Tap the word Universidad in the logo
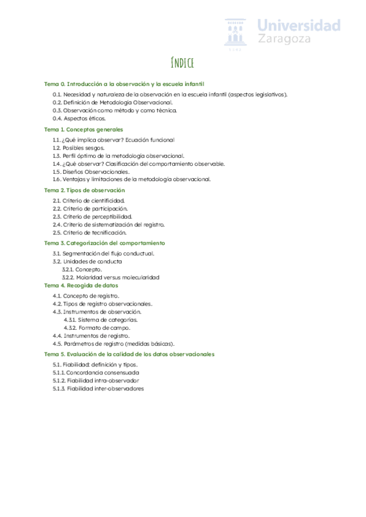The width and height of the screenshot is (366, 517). coord(298,25)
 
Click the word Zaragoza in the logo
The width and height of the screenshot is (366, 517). coord(284,38)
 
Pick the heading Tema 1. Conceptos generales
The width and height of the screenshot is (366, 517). coord(84,129)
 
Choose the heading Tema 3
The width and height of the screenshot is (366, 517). coord(105,243)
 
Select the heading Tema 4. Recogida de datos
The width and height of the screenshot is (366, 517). coord(81,285)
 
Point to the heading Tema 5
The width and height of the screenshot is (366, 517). coord(129,354)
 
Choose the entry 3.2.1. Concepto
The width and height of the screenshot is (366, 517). coord(82,269)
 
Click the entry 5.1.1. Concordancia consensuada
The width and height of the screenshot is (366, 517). coord(96,372)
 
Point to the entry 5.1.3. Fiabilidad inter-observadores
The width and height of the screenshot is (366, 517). coord(98,388)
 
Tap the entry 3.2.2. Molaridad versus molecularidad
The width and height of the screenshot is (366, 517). coord(110,277)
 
